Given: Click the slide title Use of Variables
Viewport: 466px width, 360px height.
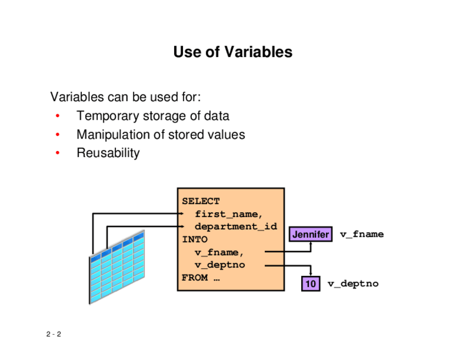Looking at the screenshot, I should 232,53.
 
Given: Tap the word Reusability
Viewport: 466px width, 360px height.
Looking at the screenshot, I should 108,153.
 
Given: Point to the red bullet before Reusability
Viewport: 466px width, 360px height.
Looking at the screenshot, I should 57,153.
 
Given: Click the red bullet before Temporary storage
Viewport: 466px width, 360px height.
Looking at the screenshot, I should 57,117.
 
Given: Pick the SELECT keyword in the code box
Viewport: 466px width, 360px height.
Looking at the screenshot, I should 201,201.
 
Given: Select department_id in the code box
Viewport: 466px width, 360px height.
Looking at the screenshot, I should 236,226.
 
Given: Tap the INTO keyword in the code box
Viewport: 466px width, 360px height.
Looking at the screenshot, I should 195,240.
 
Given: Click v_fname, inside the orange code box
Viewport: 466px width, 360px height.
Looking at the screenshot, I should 219,252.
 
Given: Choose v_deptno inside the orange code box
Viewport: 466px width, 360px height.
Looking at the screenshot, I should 220,265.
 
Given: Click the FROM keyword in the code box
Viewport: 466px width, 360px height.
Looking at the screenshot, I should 195,278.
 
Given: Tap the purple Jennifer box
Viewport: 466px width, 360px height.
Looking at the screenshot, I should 310,235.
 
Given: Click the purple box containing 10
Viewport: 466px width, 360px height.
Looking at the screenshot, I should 310,284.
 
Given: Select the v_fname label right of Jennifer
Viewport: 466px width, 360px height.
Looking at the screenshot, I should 361,235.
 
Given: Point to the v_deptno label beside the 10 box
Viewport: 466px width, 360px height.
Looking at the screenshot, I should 353,284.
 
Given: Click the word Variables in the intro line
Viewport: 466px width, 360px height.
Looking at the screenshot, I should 77,98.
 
